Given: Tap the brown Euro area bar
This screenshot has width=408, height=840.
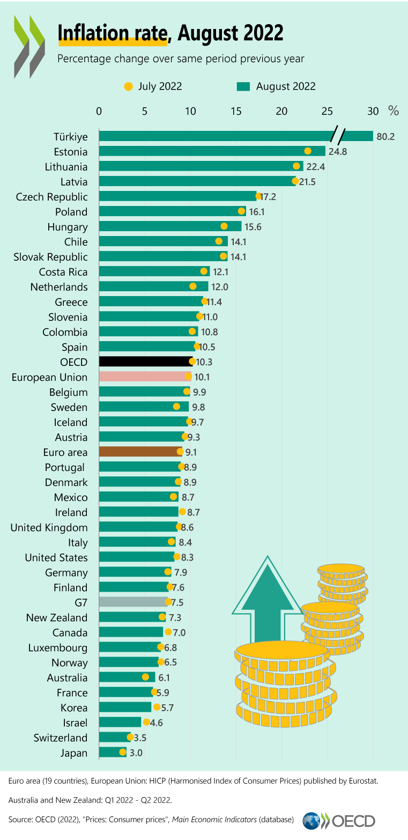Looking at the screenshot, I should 139,452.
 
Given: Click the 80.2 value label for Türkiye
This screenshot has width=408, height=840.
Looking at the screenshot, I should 385,137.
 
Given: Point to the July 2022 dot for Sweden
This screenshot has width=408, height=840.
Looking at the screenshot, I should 177,407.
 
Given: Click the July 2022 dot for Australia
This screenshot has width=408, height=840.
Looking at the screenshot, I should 145,677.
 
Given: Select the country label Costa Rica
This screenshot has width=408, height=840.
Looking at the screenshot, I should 63,272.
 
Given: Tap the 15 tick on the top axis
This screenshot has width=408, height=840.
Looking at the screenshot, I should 236,111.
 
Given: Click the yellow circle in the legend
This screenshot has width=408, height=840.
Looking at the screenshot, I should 128,86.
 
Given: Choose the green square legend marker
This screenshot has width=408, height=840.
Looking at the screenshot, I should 243,86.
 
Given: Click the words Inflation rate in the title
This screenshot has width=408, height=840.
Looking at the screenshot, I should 112,33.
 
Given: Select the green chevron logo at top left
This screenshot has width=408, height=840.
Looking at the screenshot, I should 29,46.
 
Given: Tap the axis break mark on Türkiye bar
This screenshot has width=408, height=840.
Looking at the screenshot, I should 337,136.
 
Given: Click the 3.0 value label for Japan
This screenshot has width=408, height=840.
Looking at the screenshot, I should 136,753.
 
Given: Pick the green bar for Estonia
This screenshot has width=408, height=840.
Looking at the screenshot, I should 212,151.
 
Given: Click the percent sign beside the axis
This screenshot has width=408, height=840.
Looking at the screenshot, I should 394,111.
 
